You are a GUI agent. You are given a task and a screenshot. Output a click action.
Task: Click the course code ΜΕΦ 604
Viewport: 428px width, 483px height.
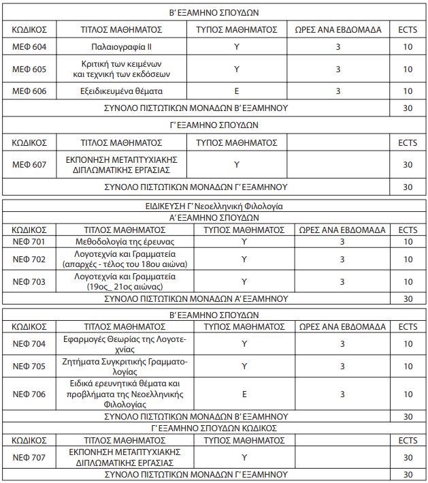[x=29, y=47]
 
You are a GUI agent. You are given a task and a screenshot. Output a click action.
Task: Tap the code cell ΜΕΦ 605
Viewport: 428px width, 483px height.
[x=29, y=69]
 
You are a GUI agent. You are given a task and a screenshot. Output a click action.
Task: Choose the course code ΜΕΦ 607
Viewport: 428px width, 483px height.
[x=29, y=164]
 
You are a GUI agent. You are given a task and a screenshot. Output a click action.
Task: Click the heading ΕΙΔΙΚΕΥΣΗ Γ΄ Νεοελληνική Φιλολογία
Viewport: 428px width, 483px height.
[x=214, y=205]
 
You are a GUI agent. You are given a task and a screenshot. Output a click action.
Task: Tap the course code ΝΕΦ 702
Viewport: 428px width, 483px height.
[x=29, y=259]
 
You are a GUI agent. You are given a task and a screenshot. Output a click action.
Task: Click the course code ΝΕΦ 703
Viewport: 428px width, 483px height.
[x=29, y=281]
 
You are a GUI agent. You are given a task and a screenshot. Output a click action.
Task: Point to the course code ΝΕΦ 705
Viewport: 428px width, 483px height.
[x=29, y=366]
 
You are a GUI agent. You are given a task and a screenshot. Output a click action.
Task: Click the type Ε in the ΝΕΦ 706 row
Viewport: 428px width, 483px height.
[x=244, y=394]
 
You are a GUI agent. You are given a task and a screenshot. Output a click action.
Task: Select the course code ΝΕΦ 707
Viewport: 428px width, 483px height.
[x=29, y=456]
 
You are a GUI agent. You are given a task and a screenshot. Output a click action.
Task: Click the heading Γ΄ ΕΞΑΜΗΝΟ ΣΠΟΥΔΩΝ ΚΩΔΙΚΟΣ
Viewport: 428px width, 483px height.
[x=214, y=428]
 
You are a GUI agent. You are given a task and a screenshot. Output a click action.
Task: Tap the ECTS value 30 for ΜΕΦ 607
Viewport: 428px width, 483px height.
[x=408, y=164]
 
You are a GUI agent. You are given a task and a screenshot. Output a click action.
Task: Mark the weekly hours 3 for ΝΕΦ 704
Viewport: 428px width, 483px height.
[x=342, y=343]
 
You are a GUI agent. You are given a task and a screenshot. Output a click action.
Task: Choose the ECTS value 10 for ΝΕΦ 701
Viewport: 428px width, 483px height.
[x=408, y=241]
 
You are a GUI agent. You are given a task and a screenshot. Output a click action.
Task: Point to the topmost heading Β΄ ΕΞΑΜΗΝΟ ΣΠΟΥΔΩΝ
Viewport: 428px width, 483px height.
[x=214, y=12]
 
